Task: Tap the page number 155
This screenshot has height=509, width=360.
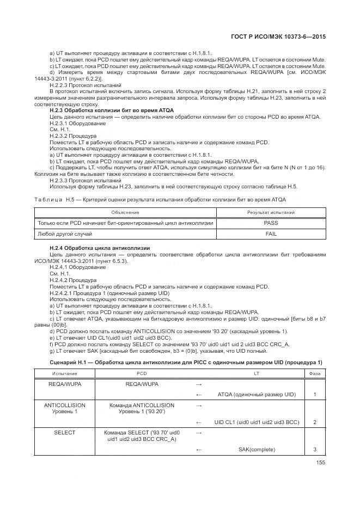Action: click(x=320, y=463)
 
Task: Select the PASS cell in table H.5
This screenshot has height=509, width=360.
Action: click(x=271, y=223)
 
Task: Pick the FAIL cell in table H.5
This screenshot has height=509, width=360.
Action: click(x=271, y=234)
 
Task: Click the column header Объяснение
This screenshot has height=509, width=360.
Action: click(x=125, y=212)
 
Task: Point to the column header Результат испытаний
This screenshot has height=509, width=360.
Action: click(x=271, y=212)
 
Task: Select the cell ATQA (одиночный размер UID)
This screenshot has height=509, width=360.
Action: click(x=257, y=394)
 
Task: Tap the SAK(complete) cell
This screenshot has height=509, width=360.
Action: click(x=257, y=449)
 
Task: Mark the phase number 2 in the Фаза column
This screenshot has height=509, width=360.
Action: click(x=315, y=422)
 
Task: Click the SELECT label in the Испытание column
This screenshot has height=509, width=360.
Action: click(x=64, y=432)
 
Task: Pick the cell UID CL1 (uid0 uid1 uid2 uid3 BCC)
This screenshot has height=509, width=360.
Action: click(x=257, y=422)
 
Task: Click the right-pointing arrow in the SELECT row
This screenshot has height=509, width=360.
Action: click(x=199, y=433)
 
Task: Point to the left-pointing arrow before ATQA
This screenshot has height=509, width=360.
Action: click(x=199, y=394)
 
